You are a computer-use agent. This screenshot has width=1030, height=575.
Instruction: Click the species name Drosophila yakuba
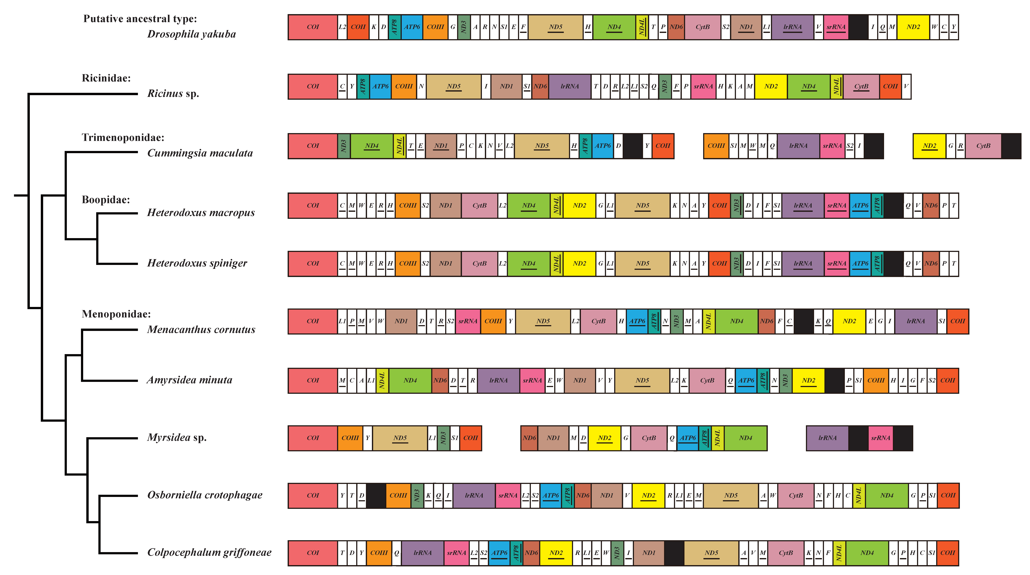pyautogui.click(x=192, y=34)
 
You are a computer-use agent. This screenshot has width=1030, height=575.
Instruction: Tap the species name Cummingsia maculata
pyautogui.click(x=200, y=153)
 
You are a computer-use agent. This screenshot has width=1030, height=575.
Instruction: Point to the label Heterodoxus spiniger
pyautogui.click(x=197, y=263)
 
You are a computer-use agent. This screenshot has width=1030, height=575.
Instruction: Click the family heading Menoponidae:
pyautogui.click(x=116, y=314)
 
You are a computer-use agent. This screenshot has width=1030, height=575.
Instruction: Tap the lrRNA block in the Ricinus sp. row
pyautogui.click(x=569, y=86)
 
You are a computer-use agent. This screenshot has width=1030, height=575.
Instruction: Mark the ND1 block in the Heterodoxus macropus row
pyautogui.click(x=445, y=205)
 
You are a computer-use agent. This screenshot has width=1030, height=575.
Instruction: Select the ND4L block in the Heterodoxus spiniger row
pyautogui.click(x=556, y=263)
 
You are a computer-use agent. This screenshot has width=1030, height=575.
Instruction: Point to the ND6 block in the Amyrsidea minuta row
pyautogui.click(x=440, y=380)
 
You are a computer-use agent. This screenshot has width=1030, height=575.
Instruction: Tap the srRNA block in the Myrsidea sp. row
pyautogui.click(x=880, y=438)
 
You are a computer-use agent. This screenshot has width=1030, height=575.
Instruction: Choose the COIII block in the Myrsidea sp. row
pyautogui.click(x=350, y=438)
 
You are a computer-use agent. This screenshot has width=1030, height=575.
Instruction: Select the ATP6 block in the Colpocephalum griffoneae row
pyautogui.click(x=499, y=553)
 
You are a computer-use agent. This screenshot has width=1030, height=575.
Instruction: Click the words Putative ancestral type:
pyautogui.click(x=140, y=19)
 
